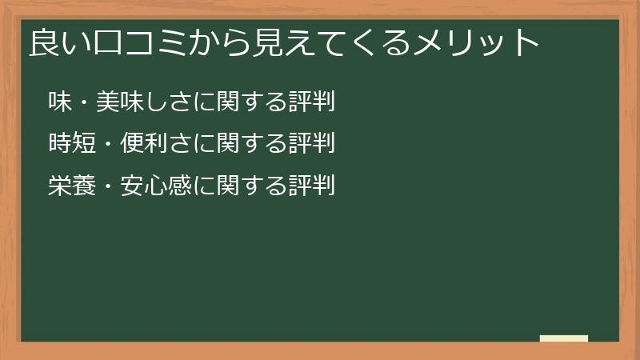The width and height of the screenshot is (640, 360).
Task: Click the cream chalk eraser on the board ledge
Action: (564, 338)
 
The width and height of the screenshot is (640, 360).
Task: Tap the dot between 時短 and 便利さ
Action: (108, 145)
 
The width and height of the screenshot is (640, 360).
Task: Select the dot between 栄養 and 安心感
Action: (108, 186)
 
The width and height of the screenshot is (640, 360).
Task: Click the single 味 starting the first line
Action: (60, 102)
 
